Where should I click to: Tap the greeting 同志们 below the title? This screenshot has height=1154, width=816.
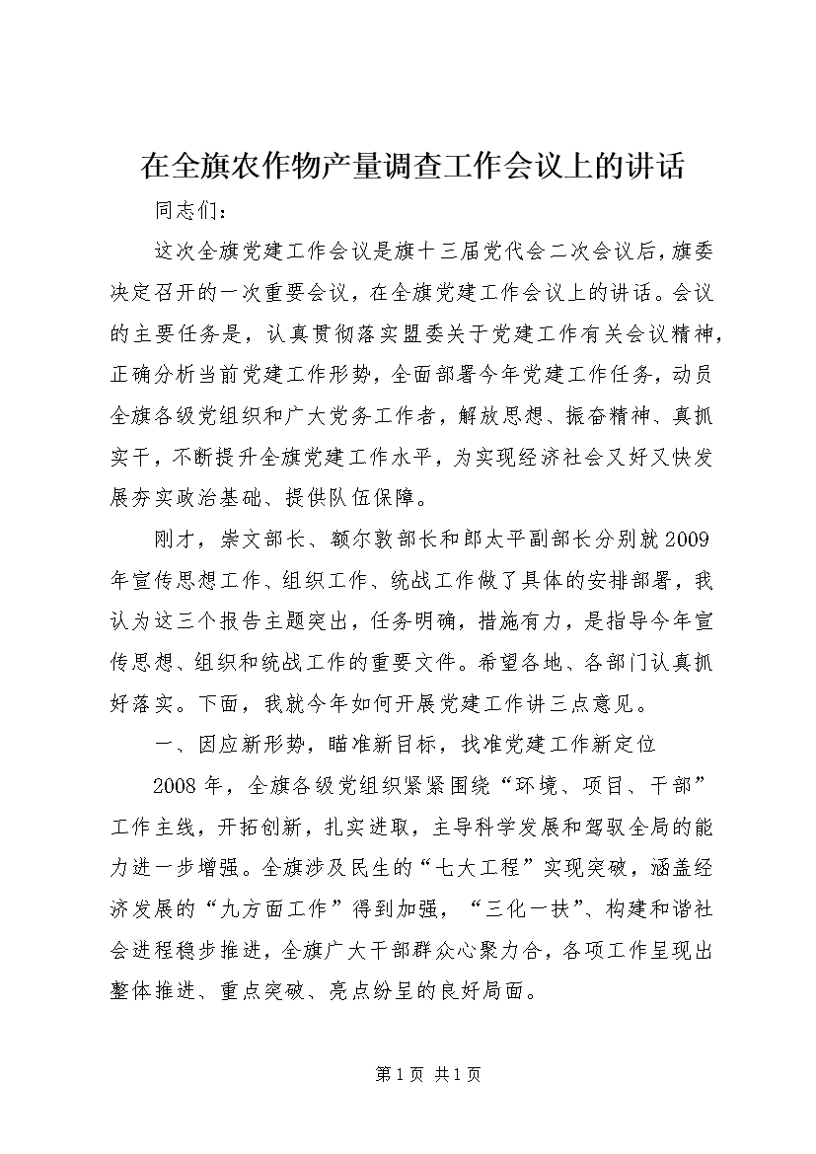[185, 211]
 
